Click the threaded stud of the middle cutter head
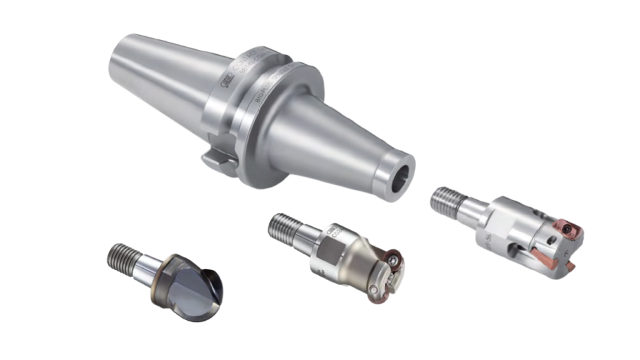283,226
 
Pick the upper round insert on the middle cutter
393,257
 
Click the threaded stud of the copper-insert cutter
446,199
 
